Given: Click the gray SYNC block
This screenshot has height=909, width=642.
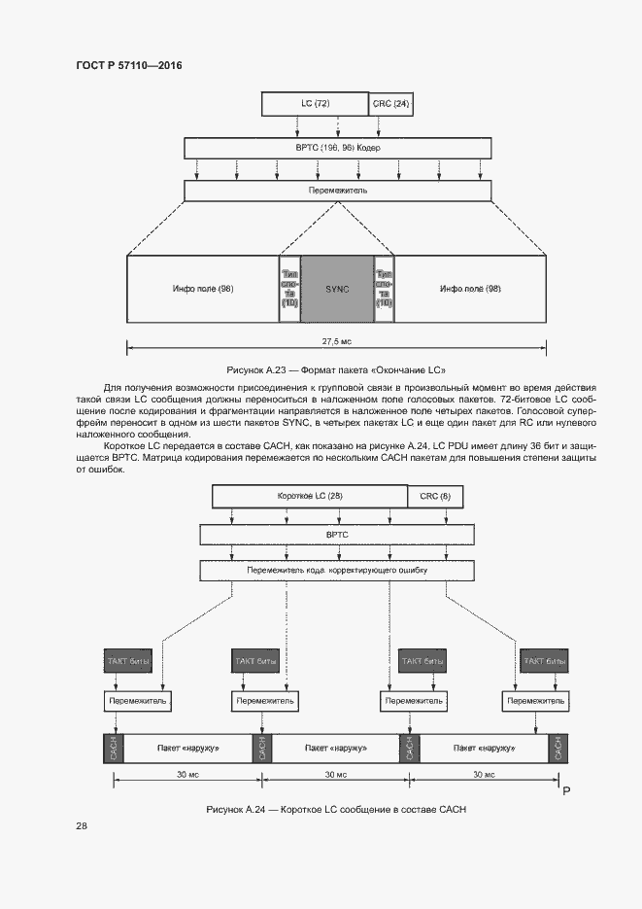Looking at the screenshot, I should click(x=337, y=289).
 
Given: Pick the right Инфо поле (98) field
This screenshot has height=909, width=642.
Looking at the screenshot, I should click(x=470, y=289).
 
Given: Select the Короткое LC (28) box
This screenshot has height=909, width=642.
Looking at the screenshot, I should click(x=310, y=497).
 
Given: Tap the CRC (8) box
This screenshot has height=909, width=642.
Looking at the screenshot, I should click(x=435, y=497).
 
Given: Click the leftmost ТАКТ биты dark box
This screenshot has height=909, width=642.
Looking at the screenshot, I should click(x=128, y=662).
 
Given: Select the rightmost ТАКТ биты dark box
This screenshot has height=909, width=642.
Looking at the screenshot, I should click(x=544, y=662).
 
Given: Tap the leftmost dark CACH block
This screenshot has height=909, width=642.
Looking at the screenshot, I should click(x=113, y=749).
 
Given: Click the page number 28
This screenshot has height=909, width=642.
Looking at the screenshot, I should click(x=82, y=825).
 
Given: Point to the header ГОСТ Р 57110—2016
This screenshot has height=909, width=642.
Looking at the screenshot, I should click(x=128, y=66).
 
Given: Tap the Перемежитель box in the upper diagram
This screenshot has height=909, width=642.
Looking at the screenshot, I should click(x=337, y=192).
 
